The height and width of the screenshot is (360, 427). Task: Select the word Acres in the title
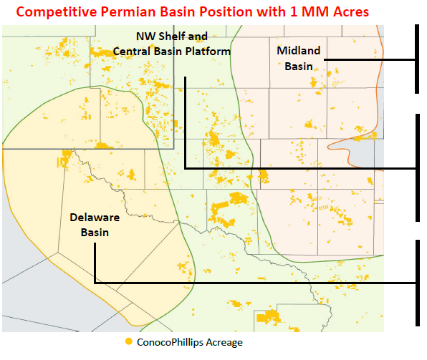pos(350,11)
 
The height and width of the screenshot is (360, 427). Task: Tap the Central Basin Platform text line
pos(172,52)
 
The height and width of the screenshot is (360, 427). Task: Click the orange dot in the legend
pos(128,342)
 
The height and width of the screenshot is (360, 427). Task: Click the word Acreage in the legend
pos(224,342)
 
